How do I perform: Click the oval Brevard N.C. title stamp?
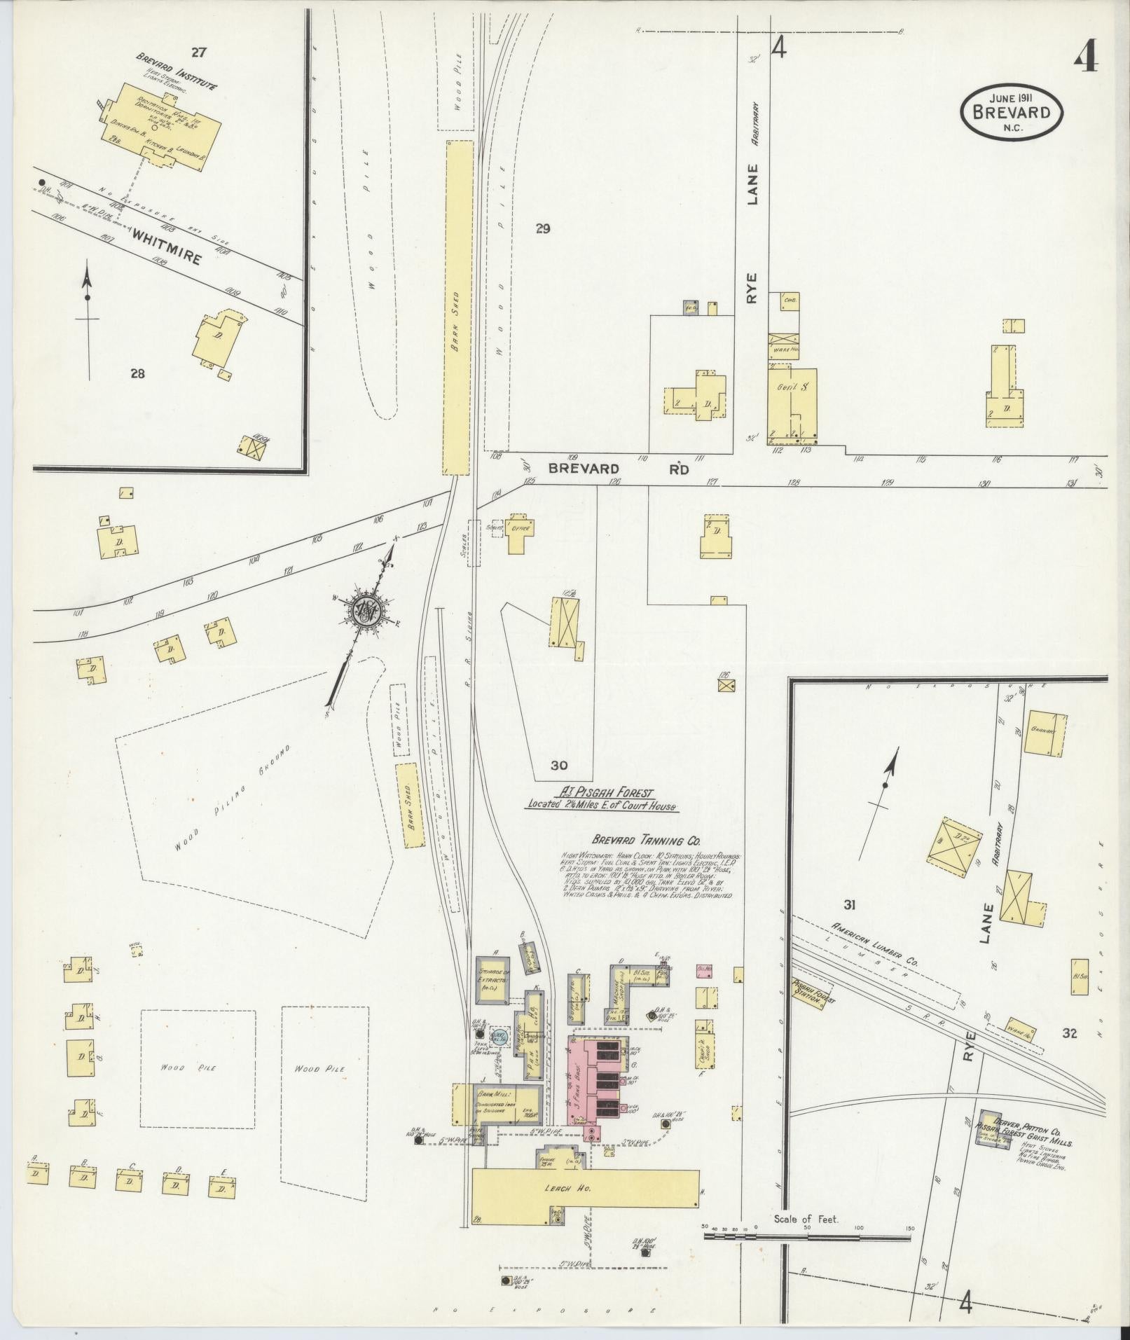(x=1011, y=111)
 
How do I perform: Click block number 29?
(x=543, y=228)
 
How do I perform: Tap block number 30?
(x=558, y=766)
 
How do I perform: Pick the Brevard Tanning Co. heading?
(x=646, y=841)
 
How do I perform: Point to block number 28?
(x=137, y=373)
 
